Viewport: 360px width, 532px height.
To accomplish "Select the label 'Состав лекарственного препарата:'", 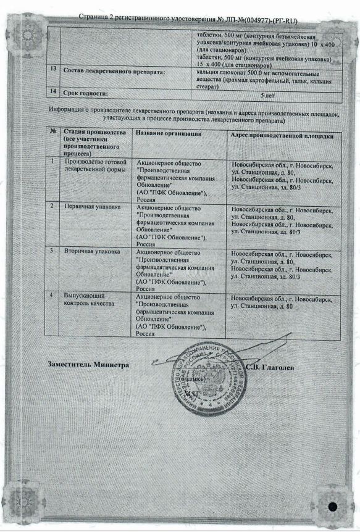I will click(114, 72).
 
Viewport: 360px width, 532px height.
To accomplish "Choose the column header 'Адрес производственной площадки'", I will click(282, 134).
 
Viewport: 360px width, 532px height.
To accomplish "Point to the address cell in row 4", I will click(282, 301).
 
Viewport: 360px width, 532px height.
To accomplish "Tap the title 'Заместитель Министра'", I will click(88, 365).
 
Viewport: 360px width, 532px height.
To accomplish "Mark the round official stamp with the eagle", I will click(202, 377).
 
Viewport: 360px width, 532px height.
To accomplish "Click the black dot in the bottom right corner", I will click(333, 507).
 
